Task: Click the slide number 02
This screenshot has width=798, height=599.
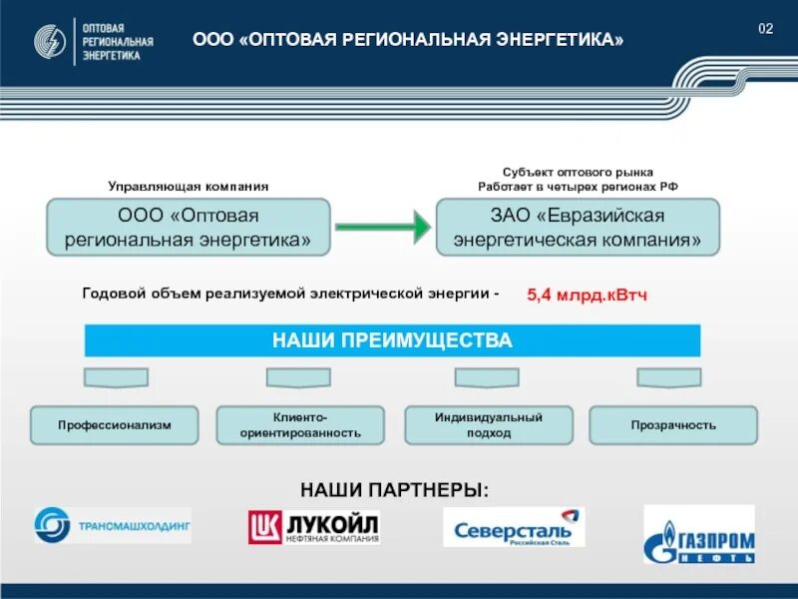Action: click(765, 28)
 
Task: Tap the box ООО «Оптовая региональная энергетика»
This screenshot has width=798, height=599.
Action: click(189, 228)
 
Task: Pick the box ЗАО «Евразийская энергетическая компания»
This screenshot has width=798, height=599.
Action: click(578, 228)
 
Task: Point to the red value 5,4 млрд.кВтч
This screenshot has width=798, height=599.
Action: click(588, 296)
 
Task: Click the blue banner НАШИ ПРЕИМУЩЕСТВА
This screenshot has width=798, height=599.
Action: click(392, 341)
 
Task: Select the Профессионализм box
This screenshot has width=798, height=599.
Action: click(115, 425)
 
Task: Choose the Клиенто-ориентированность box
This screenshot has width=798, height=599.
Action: click(300, 425)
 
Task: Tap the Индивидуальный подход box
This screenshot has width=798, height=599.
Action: click(488, 425)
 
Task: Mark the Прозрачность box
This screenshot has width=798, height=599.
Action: click(673, 425)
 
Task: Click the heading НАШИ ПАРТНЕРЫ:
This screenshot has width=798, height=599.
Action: click(394, 489)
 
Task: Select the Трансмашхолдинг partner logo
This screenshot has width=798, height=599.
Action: click(112, 525)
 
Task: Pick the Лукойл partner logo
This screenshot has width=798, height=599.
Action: click(314, 527)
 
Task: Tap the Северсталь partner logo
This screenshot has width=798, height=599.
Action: click(514, 528)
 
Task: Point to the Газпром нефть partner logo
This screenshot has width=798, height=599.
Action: click(699, 534)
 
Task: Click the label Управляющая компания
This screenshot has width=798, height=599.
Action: click(189, 187)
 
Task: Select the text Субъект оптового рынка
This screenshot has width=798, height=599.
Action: click(578, 173)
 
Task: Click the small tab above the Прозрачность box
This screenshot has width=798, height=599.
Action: click(668, 377)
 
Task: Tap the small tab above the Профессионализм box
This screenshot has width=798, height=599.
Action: click(116, 377)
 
